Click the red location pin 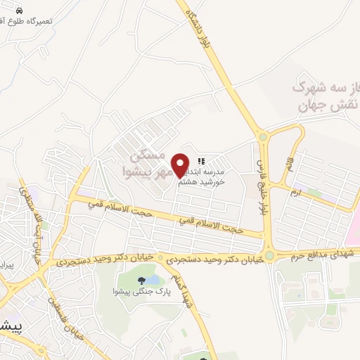181,165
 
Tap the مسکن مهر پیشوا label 144,162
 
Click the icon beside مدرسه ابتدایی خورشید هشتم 202,162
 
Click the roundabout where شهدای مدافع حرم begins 269,256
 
